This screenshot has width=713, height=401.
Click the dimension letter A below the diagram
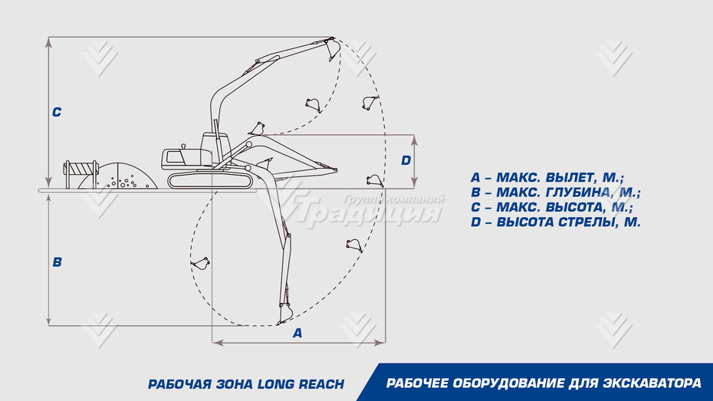297,333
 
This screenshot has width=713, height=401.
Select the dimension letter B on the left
57,261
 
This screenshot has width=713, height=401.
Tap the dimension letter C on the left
57,112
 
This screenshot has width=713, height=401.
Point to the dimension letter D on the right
406,160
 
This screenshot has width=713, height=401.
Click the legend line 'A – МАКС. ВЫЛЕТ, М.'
547,178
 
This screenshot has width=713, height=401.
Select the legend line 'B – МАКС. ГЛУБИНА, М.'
556,192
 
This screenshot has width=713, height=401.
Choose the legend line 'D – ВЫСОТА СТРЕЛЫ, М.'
556,222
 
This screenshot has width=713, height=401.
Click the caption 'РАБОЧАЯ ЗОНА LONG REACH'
246,383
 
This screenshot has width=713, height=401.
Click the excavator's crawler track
209,180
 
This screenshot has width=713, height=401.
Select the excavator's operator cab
215,146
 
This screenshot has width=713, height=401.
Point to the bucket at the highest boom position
332,49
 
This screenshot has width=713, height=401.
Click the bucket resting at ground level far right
374,181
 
